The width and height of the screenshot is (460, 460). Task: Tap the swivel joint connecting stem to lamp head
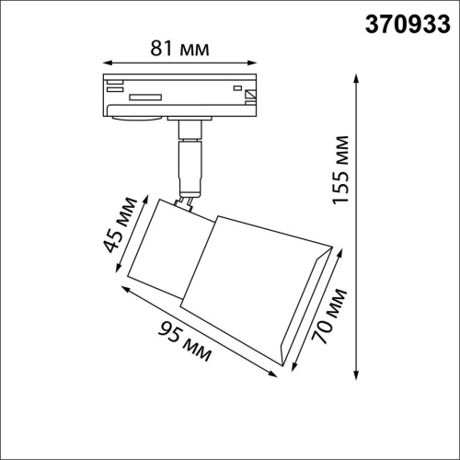click(187, 200)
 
